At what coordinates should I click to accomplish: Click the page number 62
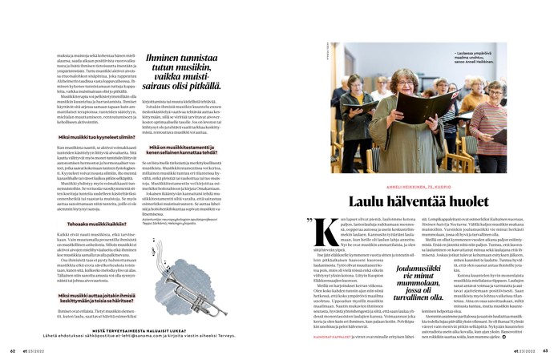[13, 350]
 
